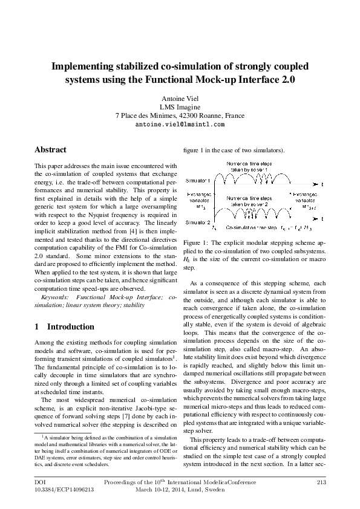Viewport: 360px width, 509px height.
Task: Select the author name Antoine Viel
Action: tap(180, 99)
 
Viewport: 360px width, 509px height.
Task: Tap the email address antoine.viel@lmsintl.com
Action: tap(180, 123)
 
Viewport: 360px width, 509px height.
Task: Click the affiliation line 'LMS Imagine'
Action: tap(180, 107)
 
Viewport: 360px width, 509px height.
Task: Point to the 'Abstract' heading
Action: tap(50, 149)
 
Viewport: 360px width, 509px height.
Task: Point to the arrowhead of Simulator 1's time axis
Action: tap(316, 183)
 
